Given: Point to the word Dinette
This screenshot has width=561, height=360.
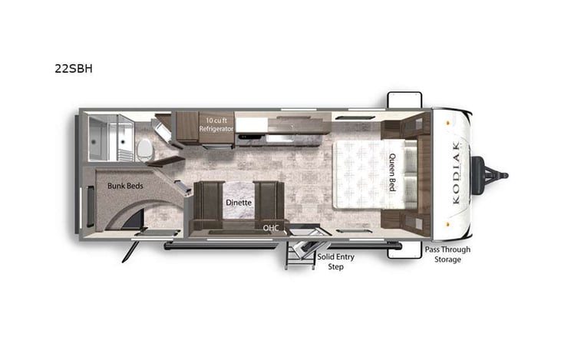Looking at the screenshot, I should tap(239, 203).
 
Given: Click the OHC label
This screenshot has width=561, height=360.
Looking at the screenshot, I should tap(270, 227).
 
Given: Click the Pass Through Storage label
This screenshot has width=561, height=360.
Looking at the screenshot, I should tap(447, 255).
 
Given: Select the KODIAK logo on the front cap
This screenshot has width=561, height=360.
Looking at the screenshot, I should tap(457, 173).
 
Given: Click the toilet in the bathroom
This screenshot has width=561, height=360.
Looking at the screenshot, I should tap(144, 147).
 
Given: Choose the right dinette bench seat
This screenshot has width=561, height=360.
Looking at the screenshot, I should tap(269, 201).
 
